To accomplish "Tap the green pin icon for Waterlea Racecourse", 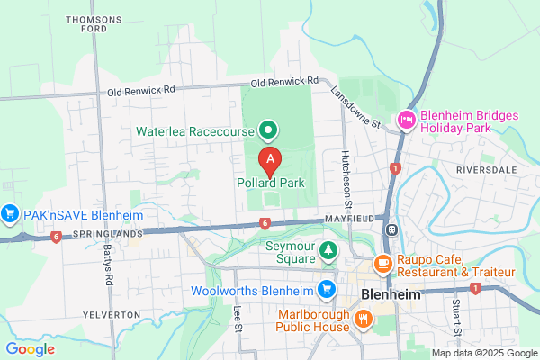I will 267,131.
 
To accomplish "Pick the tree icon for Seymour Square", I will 329,249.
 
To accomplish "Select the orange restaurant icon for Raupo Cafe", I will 382,263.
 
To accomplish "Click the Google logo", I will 31,349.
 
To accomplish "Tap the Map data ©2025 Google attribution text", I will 483,352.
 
